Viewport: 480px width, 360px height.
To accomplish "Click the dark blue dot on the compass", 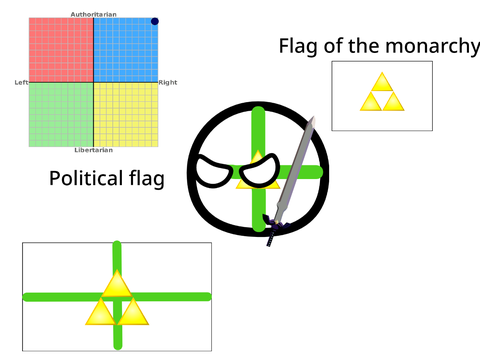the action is (x=155, y=21).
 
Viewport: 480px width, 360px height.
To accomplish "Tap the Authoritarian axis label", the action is (x=94, y=14).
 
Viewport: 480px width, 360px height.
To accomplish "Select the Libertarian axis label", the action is (x=94, y=150).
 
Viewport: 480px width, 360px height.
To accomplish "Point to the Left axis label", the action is (x=21, y=82).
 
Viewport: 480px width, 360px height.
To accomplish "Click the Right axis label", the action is (x=168, y=82).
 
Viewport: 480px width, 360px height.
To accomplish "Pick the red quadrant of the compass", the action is (x=61, y=50).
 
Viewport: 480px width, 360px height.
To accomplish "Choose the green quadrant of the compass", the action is (x=61, y=114).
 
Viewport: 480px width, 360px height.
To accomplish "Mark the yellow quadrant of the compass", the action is (x=126, y=114).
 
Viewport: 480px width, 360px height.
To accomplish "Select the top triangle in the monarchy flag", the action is (x=382, y=81).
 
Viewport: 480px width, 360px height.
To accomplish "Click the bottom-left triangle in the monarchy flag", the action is (x=371, y=102).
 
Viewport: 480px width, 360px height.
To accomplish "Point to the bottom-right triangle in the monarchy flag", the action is (x=393, y=102).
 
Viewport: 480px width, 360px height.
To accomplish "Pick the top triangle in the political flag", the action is (x=117, y=283).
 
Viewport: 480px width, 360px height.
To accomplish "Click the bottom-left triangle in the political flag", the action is (x=101, y=311).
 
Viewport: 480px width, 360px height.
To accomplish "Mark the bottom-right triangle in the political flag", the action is (x=133, y=311).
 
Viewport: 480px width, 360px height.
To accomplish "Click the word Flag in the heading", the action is (x=298, y=46).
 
